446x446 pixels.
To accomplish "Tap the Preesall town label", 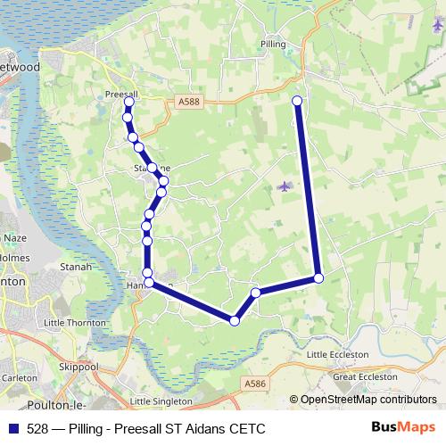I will (121, 93).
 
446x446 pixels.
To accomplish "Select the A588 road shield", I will (189, 103).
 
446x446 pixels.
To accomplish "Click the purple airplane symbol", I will (285, 186).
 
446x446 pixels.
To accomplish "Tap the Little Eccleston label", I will (337, 354).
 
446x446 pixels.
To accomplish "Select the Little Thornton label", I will (75, 322).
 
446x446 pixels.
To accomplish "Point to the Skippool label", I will (78, 366).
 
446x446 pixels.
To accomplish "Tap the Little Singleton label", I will (161, 401).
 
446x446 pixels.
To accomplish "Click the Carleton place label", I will (19, 377).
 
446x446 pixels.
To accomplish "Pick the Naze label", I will (16, 238).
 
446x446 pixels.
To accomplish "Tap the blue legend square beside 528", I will (12, 427).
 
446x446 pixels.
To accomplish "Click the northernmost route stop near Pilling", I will (297, 101).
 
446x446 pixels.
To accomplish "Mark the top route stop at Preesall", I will (128, 103).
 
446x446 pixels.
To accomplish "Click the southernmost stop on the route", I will (235, 321).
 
